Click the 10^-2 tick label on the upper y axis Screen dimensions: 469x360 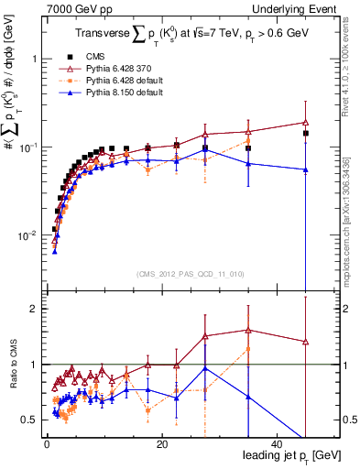point(27,235)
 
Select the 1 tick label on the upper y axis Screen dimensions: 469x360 point(35,59)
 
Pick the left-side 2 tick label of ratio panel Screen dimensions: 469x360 point(36,309)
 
